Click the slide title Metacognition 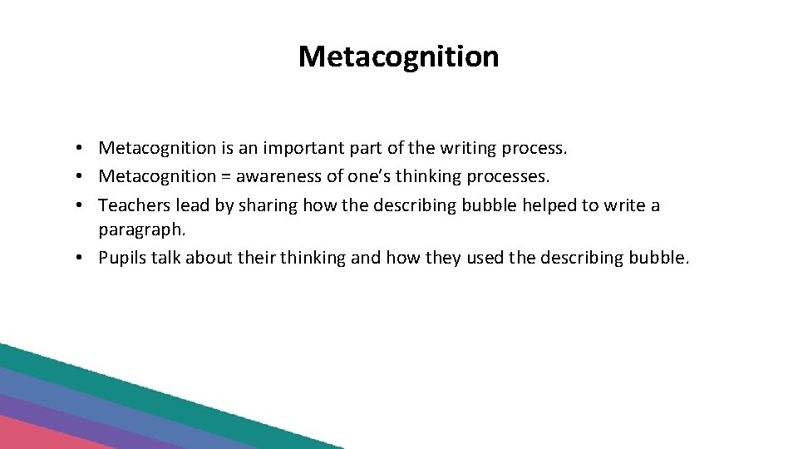click(x=398, y=57)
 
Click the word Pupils click(x=121, y=258)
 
